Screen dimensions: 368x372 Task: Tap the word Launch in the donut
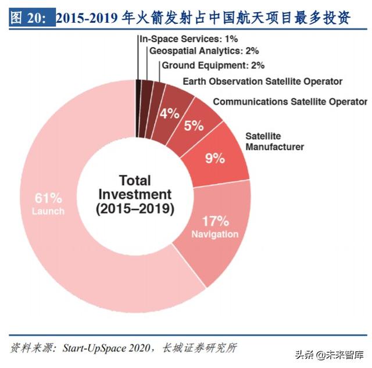(x=48, y=211)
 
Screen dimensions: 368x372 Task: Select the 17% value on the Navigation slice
(x=215, y=221)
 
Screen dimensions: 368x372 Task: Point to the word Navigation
(x=214, y=234)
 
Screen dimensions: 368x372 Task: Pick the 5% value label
(x=194, y=125)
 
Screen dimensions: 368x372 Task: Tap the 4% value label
(x=169, y=113)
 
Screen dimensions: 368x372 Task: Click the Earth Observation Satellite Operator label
(x=262, y=81)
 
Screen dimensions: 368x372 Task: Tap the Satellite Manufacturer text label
(x=274, y=141)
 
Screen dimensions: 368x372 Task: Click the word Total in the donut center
(x=135, y=180)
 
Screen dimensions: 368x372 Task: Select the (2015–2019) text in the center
(x=135, y=209)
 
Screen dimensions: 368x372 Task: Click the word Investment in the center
(x=135, y=194)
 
